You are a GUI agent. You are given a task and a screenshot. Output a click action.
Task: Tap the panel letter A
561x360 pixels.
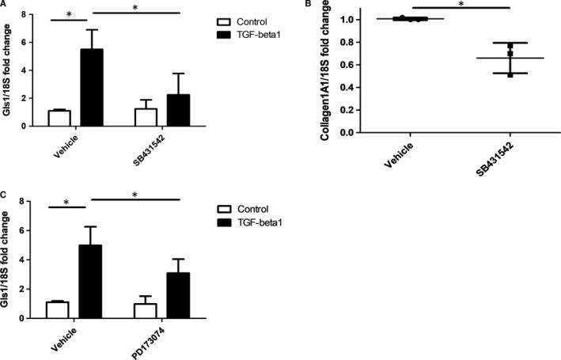click(6, 5)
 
